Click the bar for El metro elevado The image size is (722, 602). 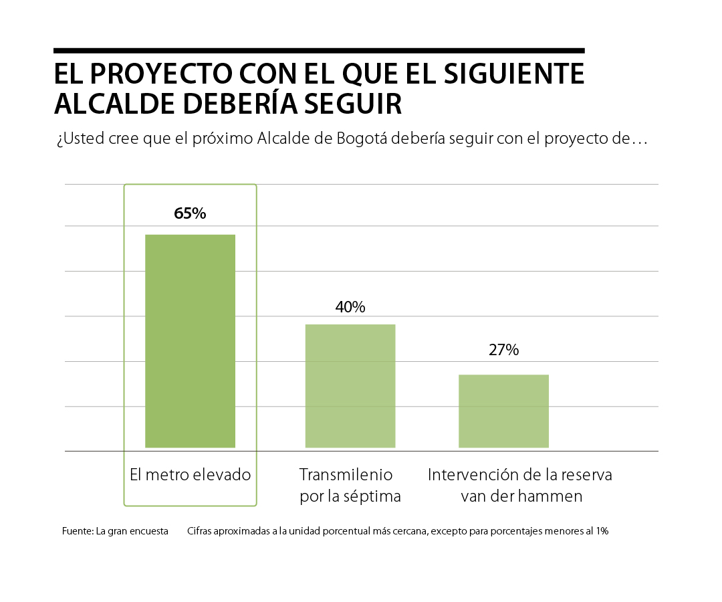pyautogui.click(x=191, y=340)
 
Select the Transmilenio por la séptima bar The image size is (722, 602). pyautogui.click(x=350, y=385)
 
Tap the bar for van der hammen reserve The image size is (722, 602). pyautogui.click(x=503, y=411)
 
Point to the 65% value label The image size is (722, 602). pyautogui.click(x=190, y=214)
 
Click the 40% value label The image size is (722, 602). pyautogui.click(x=350, y=307)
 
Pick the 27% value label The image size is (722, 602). pyautogui.click(x=503, y=350)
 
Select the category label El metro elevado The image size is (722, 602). pyautogui.click(x=191, y=475)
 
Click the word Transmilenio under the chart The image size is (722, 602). pyautogui.click(x=346, y=475)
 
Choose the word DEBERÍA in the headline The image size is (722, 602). pyautogui.click(x=231, y=104)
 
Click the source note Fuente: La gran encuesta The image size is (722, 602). pyautogui.click(x=115, y=532)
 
